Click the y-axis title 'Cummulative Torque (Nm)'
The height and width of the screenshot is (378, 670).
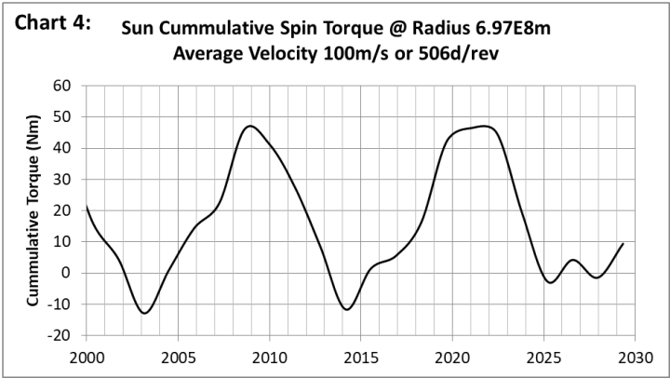[33, 210]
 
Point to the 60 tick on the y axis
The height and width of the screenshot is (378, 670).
[62, 86]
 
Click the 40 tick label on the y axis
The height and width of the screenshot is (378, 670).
[62, 148]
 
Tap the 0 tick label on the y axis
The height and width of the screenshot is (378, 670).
[67, 273]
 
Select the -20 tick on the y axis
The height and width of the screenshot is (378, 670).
[60, 335]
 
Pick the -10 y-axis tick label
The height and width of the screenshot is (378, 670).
[60, 304]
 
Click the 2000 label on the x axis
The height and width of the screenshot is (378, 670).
[87, 357]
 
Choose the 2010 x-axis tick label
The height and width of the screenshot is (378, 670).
[269, 357]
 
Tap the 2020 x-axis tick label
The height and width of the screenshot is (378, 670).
[452, 357]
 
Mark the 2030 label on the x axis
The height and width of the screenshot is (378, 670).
[635, 357]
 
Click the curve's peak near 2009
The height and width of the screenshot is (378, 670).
[250, 126]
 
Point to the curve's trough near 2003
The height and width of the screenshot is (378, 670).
[144, 313]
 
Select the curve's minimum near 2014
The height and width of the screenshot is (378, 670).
[347, 309]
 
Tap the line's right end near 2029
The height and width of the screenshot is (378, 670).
[623, 243]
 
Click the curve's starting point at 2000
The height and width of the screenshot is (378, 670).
[87, 206]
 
